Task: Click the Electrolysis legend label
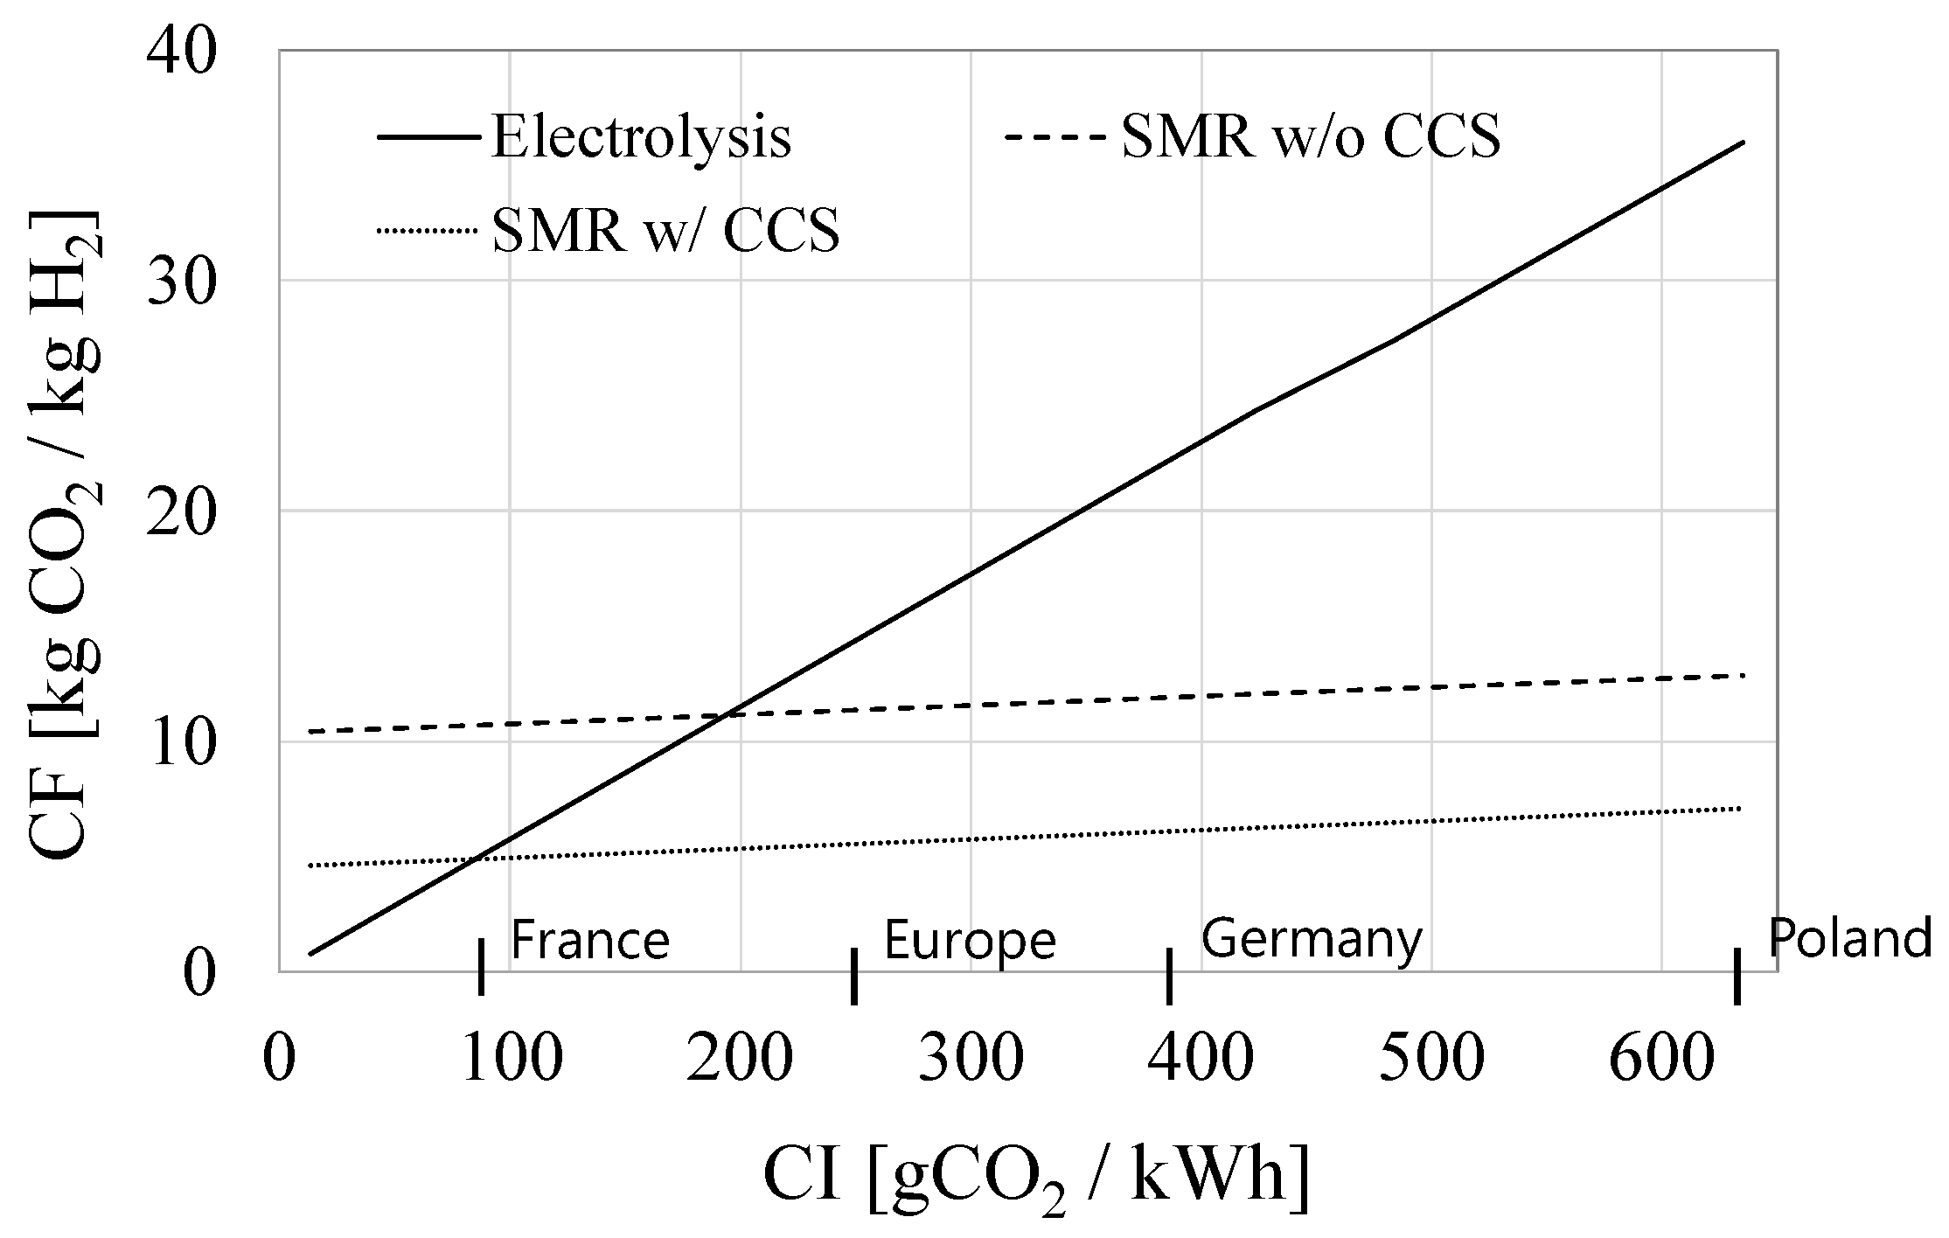(641, 137)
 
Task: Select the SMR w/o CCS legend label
(1311, 137)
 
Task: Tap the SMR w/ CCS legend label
(665, 231)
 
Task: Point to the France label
(589, 941)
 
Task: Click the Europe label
(970, 941)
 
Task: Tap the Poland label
(1849, 939)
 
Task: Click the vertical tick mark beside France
(481, 967)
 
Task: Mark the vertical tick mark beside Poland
(1737, 976)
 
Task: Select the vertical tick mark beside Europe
(854, 977)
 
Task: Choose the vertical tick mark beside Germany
(1169, 976)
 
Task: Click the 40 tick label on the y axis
(182, 53)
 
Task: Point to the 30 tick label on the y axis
(182, 283)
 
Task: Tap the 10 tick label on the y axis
(182, 744)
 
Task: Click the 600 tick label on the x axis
(1661, 1059)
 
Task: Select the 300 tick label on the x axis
(971, 1059)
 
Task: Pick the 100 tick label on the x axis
(511, 1059)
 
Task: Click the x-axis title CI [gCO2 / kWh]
(1036, 1179)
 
